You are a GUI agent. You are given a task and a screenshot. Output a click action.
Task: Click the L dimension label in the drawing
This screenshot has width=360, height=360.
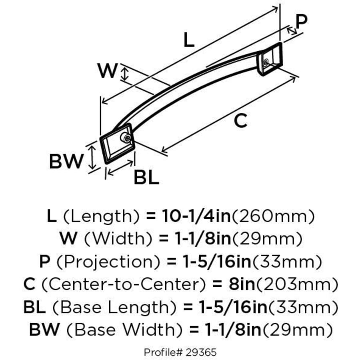click(189, 40)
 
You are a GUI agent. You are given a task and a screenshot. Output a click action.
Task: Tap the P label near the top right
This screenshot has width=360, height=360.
click(302, 21)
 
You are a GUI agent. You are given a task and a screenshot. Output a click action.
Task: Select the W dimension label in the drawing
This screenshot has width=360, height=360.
click(108, 72)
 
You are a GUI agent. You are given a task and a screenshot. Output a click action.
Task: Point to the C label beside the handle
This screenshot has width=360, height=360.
click(240, 121)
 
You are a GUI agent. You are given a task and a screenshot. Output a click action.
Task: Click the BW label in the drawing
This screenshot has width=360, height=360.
click(66, 162)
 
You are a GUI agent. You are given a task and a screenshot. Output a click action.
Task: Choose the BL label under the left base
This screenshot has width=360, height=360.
click(146, 177)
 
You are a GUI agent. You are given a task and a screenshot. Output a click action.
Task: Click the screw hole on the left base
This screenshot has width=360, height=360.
click(126, 139)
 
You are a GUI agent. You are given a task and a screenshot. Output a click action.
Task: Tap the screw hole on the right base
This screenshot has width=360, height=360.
click(266, 62)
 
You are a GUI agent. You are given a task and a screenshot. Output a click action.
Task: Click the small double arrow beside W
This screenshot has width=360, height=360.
click(126, 74)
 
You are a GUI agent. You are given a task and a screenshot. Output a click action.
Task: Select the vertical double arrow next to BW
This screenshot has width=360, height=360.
click(93, 157)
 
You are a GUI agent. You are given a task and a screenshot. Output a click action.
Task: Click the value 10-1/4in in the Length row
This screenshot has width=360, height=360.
click(196, 216)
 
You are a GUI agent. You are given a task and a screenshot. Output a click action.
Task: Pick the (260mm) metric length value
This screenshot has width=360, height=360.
click(273, 216)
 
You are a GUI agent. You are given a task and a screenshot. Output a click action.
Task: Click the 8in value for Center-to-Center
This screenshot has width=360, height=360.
click(237, 285)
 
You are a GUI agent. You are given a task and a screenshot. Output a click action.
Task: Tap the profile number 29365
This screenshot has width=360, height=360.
click(202, 352)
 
